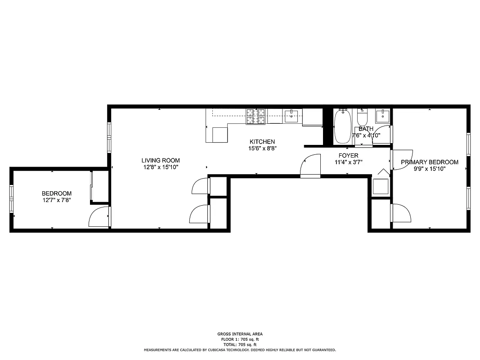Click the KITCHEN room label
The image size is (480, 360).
click(262, 142)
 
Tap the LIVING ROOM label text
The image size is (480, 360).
click(161, 160)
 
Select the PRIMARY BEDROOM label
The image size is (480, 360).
click(429, 162)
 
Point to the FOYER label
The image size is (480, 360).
click(348, 156)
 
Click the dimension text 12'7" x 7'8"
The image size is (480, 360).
click(56, 200)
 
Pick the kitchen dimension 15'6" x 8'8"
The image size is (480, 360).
click(262, 148)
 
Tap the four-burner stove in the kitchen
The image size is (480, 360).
click(256, 117)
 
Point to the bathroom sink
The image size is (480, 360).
click(383, 115)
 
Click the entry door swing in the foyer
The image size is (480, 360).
click(310, 165)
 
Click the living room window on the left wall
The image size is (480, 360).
click(109, 138)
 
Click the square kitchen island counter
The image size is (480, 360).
click(220, 135)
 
